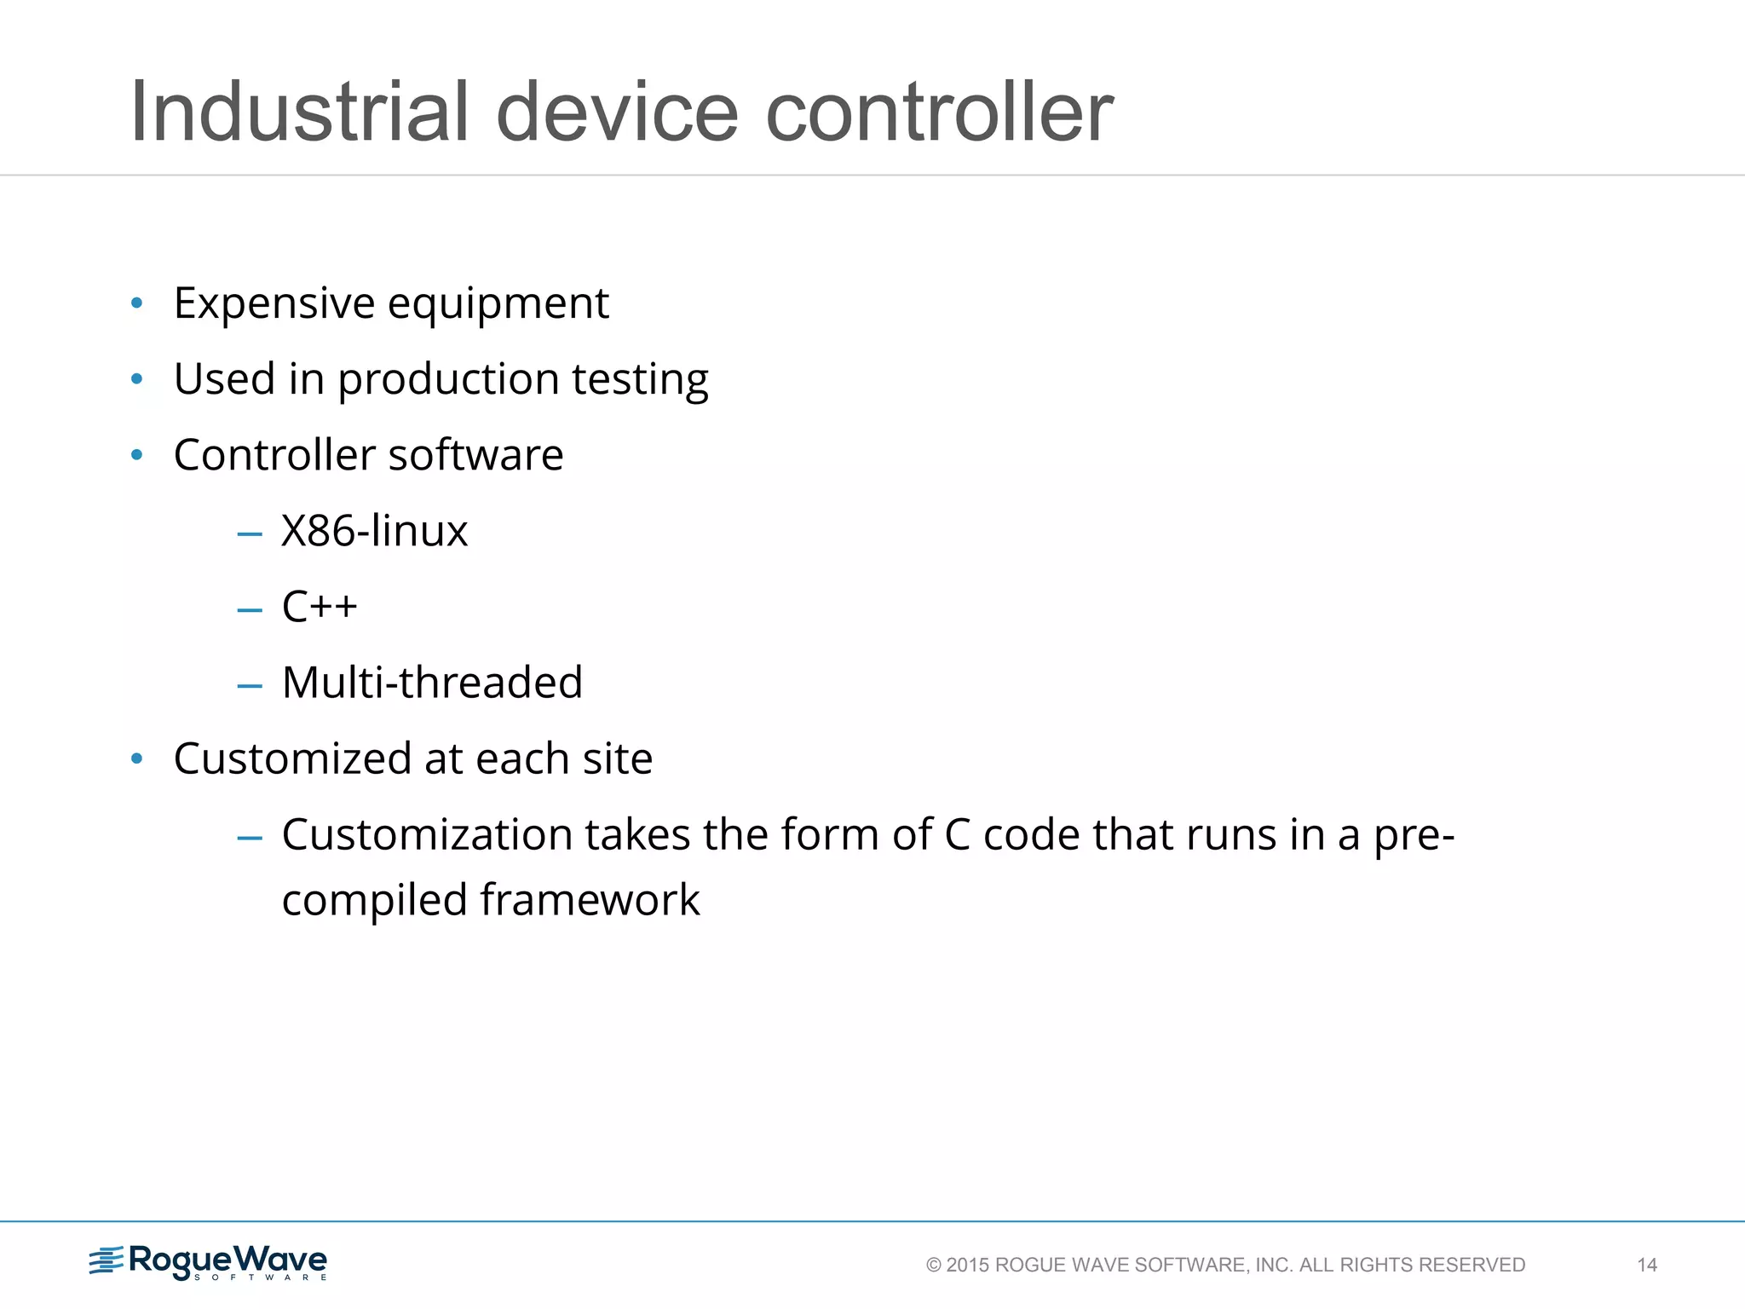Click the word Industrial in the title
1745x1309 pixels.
pyautogui.click(x=299, y=112)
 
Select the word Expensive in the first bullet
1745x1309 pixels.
pyautogui.click(x=274, y=303)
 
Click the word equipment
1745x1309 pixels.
pyautogui.click(x=498, y=303)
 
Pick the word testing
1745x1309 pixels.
pyautogui.click(x=640, y=379)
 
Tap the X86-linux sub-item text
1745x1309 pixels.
pyautogui.click(x=374, y=531)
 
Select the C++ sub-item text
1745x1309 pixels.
pyautogui.click(x=320, y=607)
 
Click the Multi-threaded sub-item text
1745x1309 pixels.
pyautogui.click(x=432, y=683)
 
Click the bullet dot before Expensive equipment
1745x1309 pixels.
pyautogui.click(x=136, y=303)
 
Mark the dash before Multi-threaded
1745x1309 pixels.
pyautogui.click(x=250, y=685)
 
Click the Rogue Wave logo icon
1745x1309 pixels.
pyautogui.click(x=107, y=1260)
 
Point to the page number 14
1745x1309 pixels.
pyautogui.click(x=1647, y=1265)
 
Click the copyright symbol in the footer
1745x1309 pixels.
pyautogui.click(x=934, y=1266)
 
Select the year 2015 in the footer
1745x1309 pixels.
pyautogui.click(x=967, y=1265)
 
